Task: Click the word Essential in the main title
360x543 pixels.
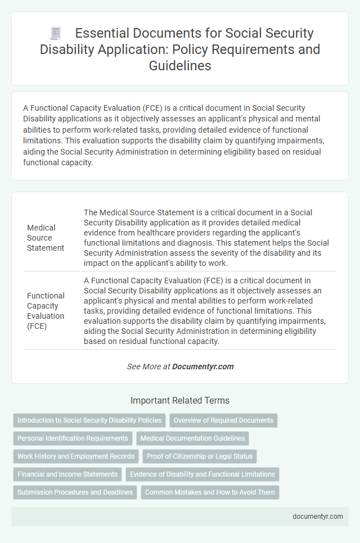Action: pyautogui.click(x=105, y=34)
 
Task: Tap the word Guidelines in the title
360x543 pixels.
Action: pyautogui.click(x=179, y=65)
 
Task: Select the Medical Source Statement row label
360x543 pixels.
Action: pyautogui.click(x=46, y=238)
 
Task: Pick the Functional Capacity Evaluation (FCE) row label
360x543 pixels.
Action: pyautogui.click(x=46, y=311)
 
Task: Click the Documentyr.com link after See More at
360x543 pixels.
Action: pyautogui.click(x=203, y=366)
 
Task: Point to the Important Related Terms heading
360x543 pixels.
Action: pyautogui.click(x=179, y=401)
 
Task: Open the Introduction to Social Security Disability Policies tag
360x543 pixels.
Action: pyautogui.click(x=89, y=420)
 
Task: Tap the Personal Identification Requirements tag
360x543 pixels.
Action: pyautogui.click(x=73, y=438)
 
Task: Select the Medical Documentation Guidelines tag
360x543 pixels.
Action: pyautogui.click(x=192, y=438)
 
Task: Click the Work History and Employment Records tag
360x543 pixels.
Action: pyautogui.click(x=76, y=456)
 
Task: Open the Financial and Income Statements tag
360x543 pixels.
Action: pyautogui.click(x=67, y=474)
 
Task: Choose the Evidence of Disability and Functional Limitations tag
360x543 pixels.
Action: pyautogui.click(x=202, y=474)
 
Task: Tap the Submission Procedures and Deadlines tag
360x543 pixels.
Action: pyautogui.click(x=75, y=492)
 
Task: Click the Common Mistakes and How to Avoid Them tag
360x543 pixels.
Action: pyautogui.click(x=210, y=492)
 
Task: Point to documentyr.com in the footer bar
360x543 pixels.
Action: pyautogui.click(x=318, y=517)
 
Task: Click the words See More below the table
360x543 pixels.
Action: pyautogui.click(x=141, y=366)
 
